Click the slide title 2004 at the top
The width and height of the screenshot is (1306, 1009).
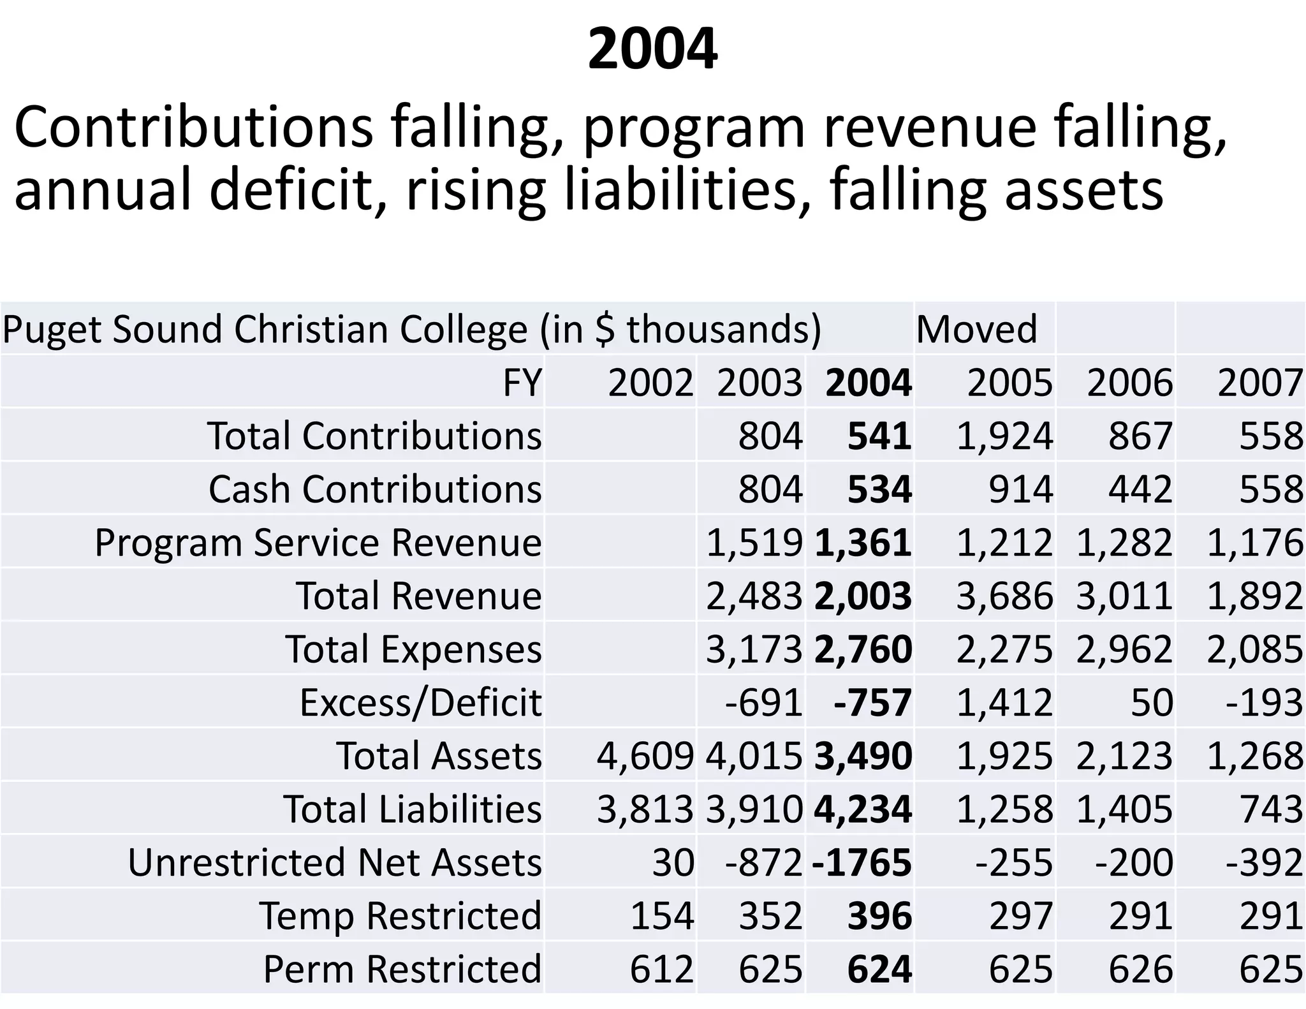pos(652,49)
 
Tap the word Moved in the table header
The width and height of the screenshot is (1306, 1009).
pos(976,329)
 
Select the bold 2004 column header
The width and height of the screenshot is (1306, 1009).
pos(868,383)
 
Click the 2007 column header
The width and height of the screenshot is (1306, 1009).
pos(1259,383)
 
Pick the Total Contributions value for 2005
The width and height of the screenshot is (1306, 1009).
pos(1004,436)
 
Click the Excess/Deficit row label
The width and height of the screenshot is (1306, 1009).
pos(420,702)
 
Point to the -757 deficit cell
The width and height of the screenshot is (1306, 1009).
pos(872,702)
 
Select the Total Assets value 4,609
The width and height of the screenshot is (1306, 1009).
pos(645,756)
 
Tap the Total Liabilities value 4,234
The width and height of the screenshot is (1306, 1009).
pos(863,809)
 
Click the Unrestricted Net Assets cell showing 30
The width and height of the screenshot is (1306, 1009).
pos(673,862)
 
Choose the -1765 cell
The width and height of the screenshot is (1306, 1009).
pos(862,862)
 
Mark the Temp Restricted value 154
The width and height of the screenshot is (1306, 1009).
pos(661,916)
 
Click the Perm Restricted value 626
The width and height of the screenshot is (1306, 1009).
pos(1140,969)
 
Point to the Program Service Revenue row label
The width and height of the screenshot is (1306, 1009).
pos(318,543)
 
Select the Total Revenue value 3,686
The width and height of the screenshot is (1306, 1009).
pos(1004,596)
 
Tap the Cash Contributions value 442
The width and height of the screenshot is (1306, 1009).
pos(1140,489)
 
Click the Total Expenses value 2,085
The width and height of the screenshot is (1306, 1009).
pos(1254,649)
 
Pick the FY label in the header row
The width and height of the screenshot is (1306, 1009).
pos(522,383)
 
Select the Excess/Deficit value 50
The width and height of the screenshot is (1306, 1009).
pos(1152,702)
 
